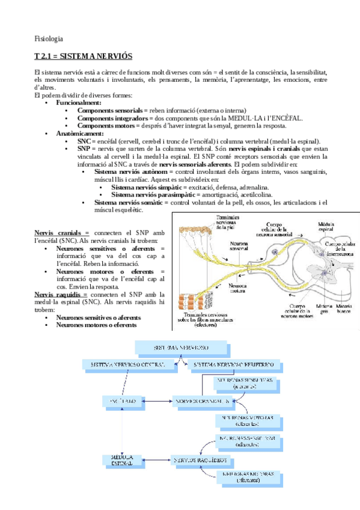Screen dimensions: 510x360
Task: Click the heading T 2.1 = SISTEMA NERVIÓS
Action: (x=83, y=55)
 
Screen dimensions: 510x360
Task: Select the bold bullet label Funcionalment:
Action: (x=79, y=103)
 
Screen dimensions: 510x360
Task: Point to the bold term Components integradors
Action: (x=111, y=118)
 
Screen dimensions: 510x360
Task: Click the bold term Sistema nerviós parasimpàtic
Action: (x=149, y=195)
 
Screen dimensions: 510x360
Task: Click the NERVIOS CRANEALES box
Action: (x=201, y=401)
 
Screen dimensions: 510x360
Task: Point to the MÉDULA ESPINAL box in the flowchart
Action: (x=122, y=461)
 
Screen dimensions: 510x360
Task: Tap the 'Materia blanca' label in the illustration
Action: (x=344, y=309)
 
